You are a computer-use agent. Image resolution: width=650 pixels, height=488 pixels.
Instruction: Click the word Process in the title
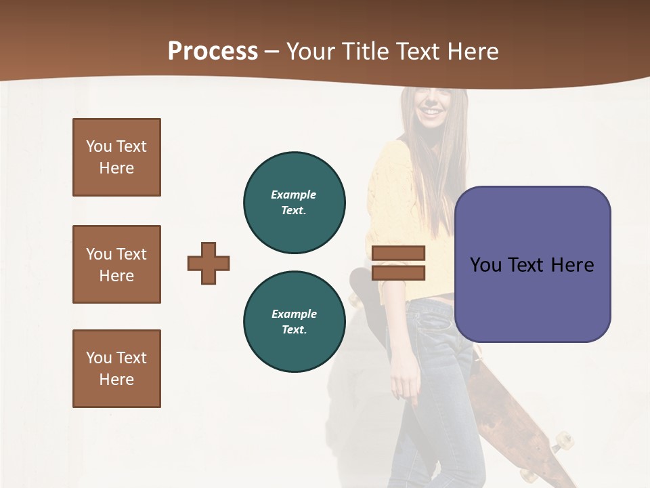(213, 51)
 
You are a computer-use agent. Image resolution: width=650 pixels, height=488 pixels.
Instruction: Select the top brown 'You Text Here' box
(116, 157)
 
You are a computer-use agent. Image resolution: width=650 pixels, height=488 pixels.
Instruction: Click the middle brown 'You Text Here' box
(116, 264)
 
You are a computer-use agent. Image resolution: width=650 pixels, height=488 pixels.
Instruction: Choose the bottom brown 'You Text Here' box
(116, 369)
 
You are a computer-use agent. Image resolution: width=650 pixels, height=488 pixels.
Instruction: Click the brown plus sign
(209, 263)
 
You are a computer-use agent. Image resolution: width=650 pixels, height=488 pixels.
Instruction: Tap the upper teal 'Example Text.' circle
(294, 203)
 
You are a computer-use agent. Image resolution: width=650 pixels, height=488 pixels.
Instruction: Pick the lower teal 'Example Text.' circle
(294, 322)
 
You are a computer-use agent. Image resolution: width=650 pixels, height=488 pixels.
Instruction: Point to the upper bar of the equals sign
(398, 253)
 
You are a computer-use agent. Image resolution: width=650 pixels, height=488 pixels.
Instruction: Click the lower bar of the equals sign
(398, 272)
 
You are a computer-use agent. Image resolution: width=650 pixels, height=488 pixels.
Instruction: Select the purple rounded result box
(532, 298)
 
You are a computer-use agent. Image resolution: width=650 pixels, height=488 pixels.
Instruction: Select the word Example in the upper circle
(294, 195)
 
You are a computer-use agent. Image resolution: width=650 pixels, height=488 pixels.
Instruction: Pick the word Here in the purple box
(572, 264)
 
